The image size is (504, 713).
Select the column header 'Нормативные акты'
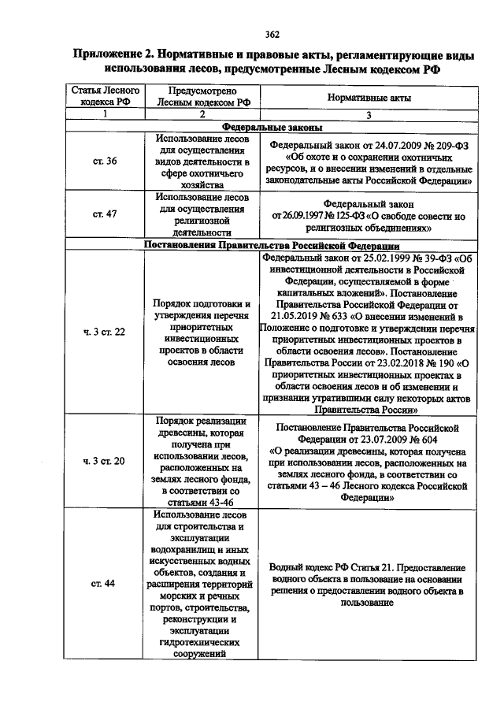(x=367, y=96)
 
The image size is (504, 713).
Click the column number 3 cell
(x=367, y=114)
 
